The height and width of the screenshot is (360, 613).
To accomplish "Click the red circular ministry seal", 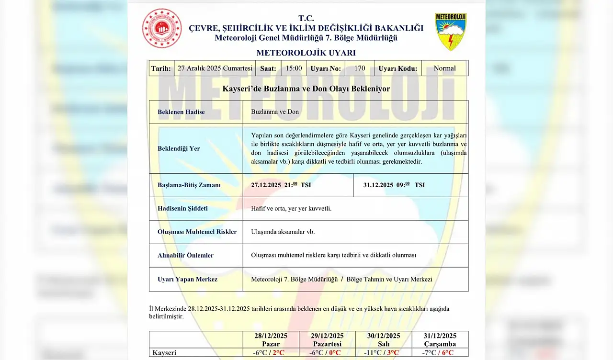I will [x=162, y=28].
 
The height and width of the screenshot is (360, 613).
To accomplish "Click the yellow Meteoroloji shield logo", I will [x=450, y=32].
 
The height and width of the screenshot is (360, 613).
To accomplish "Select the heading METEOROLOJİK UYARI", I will [x=306, y=53].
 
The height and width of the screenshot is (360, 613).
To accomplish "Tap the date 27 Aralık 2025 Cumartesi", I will [x=215, y=68].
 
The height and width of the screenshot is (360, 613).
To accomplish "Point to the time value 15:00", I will [x=294, y=68].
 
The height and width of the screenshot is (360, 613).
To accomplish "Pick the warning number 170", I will [x=360, y=68].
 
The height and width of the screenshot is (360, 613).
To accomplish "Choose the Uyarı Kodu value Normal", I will [x=444, y=68].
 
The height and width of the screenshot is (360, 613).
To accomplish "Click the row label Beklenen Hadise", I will [x=181, y=112].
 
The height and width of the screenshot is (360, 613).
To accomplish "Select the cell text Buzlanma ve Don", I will [x=275, y=112].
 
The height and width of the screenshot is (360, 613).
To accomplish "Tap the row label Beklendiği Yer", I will [x=179, y=148].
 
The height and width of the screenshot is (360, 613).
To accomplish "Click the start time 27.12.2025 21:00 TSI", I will [x=281, y=185].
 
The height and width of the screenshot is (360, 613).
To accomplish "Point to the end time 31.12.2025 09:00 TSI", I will [x=394, y=185].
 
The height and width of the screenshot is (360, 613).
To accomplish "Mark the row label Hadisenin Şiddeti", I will [x=182, y=208].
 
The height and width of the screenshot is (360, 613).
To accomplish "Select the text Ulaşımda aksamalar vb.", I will [x=283, y=232].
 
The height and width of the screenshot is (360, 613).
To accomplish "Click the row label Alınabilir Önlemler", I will [x=185, y=255].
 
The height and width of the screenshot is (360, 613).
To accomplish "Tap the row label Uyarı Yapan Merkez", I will [x=187, y=279].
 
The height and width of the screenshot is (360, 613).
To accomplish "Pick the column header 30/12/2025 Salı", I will [x=384, y=339].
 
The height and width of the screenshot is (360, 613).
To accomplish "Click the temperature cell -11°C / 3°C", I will [x=384, y=353].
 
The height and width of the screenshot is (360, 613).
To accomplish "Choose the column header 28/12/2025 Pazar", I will [x=271, y=339].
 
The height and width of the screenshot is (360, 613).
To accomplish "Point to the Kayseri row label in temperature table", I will [x=164, y=353].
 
